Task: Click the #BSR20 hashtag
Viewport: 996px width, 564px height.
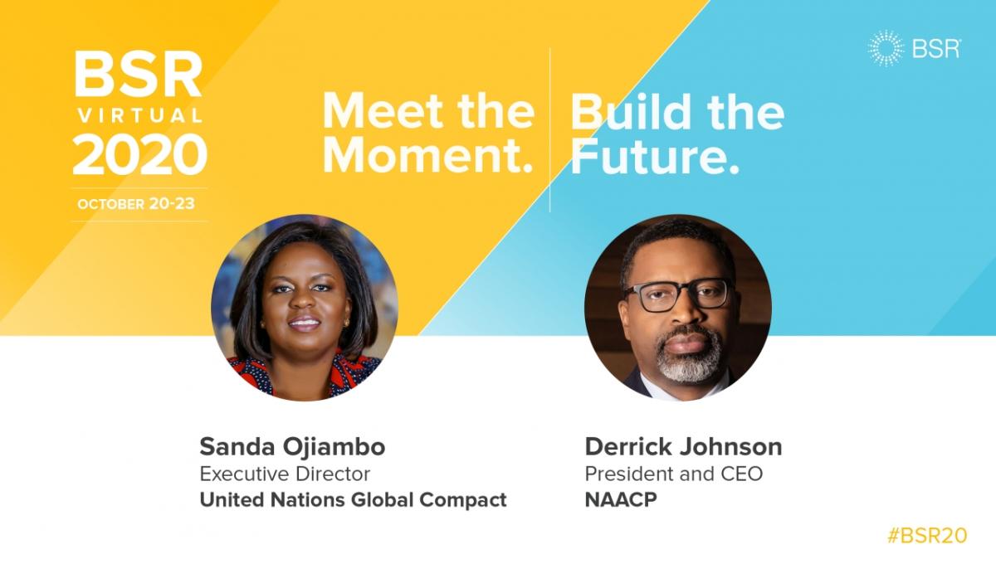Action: [927, 536]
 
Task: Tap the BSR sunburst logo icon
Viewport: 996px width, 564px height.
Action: [886, 48]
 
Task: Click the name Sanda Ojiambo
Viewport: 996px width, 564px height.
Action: [292, 447]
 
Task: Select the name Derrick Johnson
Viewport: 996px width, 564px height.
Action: [683, 447]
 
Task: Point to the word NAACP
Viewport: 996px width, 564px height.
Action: [621, 499]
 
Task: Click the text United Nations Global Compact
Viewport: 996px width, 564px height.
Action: [353, 500]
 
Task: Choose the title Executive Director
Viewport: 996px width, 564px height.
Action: [285, 474]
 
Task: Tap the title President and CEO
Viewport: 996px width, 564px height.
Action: [674, 474]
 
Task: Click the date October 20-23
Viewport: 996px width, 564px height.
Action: [136, 204]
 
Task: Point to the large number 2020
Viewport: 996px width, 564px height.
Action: [139, 154]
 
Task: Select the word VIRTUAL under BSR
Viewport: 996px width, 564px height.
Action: [140, 116]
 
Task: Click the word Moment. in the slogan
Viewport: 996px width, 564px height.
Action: [427, 156]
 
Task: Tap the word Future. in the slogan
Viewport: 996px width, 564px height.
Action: [655, 157]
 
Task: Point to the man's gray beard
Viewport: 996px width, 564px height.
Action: [689, 356]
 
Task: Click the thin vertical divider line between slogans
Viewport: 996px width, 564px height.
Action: [550, 129]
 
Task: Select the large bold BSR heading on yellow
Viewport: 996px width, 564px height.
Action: [139, 74]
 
